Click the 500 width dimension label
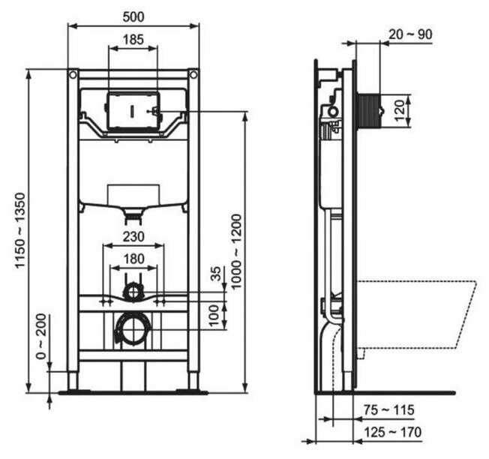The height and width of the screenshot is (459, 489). point(133,14)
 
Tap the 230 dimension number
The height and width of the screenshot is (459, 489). point(133,236)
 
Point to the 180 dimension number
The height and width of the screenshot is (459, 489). point(133,259)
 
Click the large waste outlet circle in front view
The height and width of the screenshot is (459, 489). point(133,328)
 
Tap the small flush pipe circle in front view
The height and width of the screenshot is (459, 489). point(133,292)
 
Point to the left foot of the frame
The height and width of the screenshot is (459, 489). point(73,381)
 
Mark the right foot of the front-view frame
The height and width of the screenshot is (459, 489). point(193,381)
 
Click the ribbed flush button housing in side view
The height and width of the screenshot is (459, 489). point(370,111)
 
